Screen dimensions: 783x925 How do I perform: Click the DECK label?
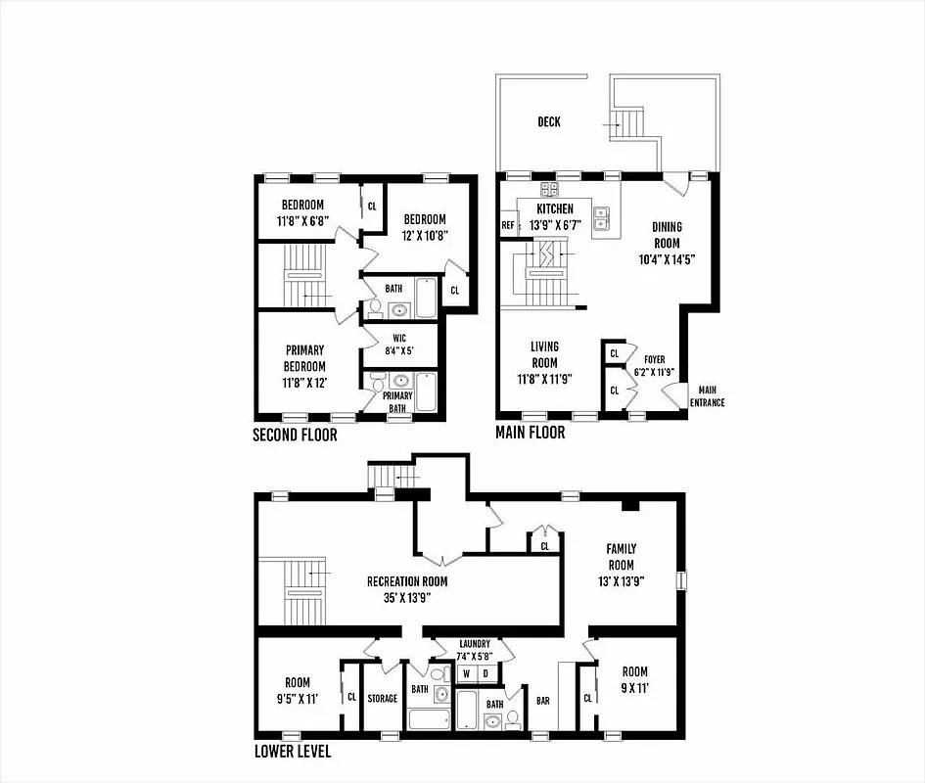548,122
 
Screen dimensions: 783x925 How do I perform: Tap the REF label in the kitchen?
508,225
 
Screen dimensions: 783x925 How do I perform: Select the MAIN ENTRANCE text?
707,395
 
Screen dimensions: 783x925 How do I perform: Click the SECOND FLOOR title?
295,435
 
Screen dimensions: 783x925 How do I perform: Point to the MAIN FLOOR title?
530,432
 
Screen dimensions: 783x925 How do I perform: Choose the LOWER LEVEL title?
292,752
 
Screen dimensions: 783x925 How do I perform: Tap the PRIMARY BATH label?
397,401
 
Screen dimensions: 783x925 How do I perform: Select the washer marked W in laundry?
467,673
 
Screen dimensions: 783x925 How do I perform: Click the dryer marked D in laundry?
486,673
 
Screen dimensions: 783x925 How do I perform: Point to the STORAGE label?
382,699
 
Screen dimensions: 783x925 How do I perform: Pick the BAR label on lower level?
543,701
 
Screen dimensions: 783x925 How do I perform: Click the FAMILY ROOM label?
621,557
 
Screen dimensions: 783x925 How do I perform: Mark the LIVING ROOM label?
544,354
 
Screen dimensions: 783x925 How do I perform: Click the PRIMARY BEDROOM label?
305,358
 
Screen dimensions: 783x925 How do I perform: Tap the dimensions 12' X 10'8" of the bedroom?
423,235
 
